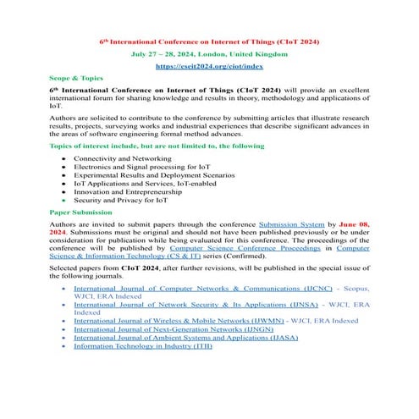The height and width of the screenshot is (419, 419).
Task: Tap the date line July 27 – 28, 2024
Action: pos(209,52)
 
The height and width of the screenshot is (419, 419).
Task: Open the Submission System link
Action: pos(288,224)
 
